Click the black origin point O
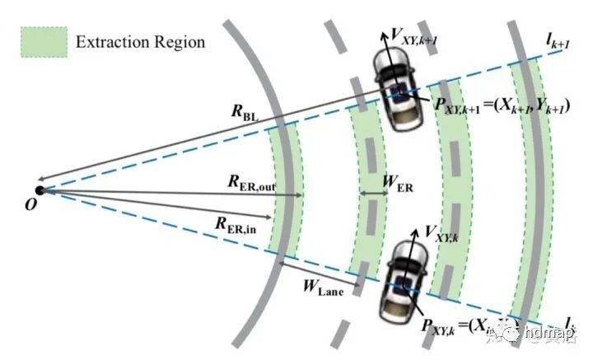point(39,190)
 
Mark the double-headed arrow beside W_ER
point(374,194)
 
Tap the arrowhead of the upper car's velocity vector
point(384,35)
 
